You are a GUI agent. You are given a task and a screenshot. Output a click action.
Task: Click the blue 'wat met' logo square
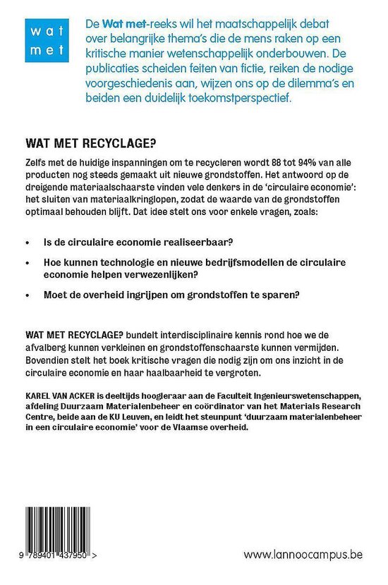coord(44,41)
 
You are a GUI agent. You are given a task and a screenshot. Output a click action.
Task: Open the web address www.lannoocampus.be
coord(303,554)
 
